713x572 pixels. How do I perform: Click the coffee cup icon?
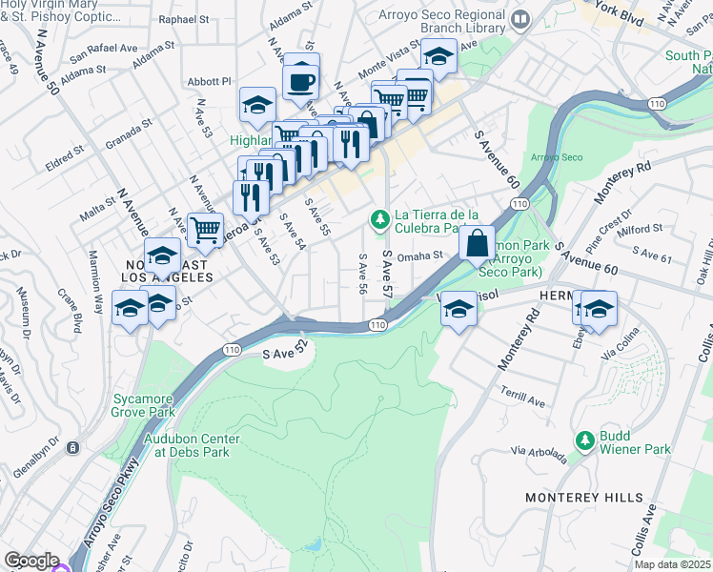point(301,81)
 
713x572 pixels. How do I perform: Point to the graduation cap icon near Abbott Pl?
point(256,105)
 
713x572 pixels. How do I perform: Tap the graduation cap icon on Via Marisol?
point(459,310)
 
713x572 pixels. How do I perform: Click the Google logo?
point(31,561)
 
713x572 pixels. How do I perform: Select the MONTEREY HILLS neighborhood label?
point(575,498)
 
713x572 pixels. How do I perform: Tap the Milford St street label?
point(640,229)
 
